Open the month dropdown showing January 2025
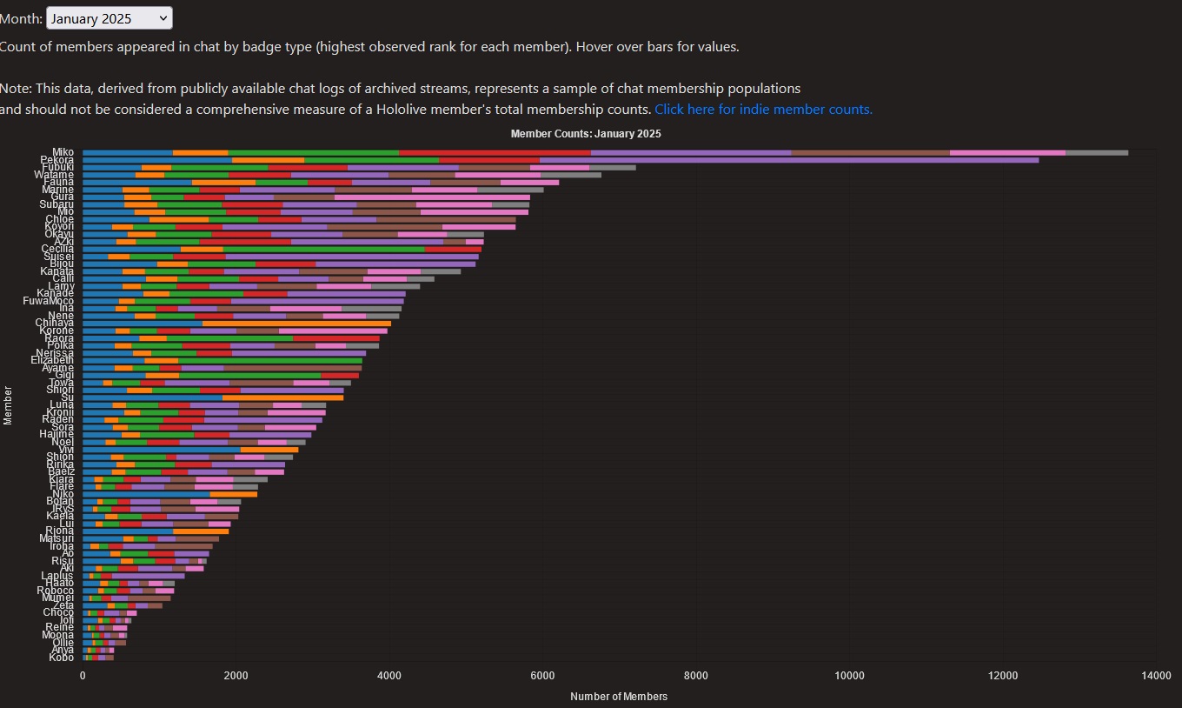click(110, 18)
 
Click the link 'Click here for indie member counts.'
click(763, 110)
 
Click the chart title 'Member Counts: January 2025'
click(586, 134)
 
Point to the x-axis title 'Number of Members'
click(619, 697)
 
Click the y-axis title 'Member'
click(8, 405)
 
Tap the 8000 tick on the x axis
click(695, 677)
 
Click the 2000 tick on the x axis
click(236, 677)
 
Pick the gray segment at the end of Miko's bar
click(1097, 153)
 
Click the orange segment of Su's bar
click(282, 397)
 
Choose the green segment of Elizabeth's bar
click(269, 360)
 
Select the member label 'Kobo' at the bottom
click(62, 658)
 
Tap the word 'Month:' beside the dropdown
click(21, 18)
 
